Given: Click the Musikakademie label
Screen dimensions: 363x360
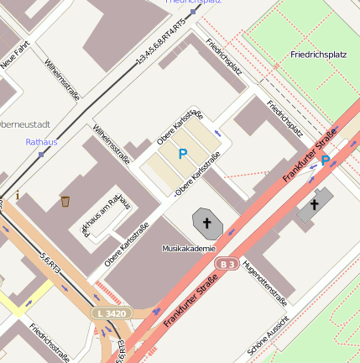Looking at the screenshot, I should coord(189,249).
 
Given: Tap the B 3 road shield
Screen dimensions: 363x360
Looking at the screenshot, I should coord(226,264).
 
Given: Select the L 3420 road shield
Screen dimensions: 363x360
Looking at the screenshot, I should coord(111,313).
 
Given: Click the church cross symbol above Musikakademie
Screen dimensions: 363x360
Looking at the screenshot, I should coord(206,222).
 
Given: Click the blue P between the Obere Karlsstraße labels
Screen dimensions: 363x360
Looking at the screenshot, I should coord(182,154).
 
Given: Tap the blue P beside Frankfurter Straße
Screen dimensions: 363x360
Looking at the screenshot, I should coord(325,160).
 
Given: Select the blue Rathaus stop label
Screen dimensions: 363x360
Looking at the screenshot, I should coord(41,142).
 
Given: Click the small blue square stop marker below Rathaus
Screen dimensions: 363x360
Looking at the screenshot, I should coord(41,155).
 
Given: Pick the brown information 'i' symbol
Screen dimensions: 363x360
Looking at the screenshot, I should coord(18,196).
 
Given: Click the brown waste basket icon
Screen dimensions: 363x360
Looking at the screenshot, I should coord(65,201).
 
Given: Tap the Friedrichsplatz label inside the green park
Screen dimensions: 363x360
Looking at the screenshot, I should coord(318,55).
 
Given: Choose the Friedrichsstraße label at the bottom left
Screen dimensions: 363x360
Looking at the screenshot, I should coord(49,343).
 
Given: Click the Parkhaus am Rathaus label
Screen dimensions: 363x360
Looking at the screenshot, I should coord(106,214).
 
